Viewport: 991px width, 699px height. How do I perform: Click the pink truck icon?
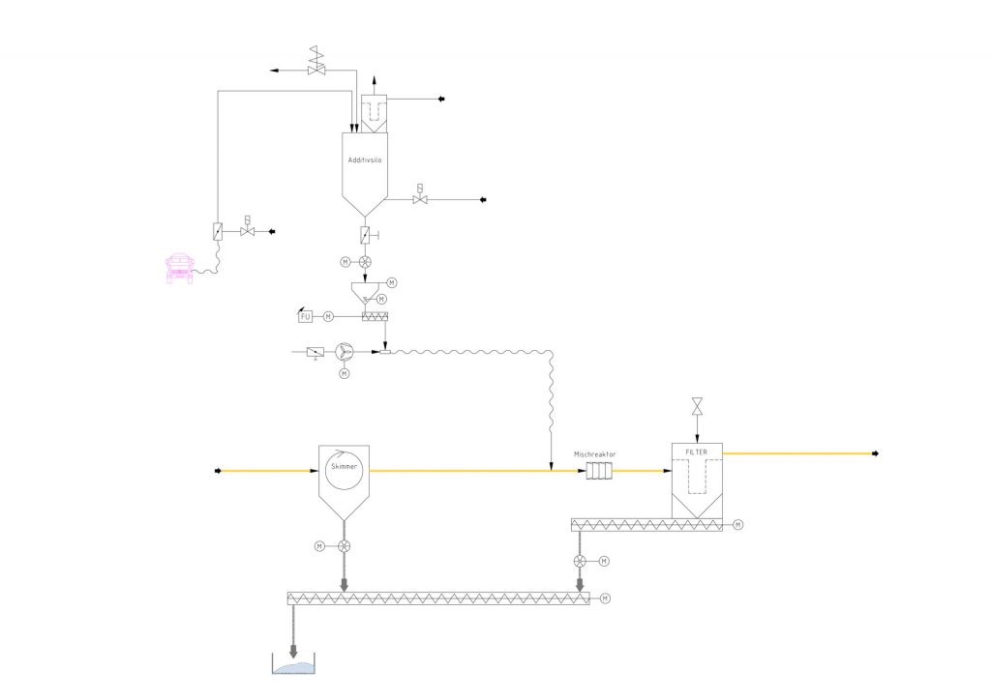coord(179,269)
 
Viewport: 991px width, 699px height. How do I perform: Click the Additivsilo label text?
coord(365,160)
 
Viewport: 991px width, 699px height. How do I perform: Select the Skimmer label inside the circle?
coord(344,466)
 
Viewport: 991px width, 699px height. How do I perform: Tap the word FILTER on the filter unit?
coord(697,452)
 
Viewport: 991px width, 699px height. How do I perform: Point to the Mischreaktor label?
coord(595,454)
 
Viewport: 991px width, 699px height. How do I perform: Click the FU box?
coord(305,316)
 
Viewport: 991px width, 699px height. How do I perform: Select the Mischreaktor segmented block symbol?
coord(599,471)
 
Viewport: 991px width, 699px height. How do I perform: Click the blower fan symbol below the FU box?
coord(344,352)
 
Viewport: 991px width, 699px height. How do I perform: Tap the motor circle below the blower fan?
coord(344,374)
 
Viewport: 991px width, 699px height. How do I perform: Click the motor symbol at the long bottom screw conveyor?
coord(606,598)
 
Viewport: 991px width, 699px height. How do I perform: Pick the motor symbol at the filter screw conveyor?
coord(737,525)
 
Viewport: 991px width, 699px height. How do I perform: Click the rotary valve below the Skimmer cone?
coord(344,546)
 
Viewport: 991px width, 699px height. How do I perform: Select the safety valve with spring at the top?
coord(316,61)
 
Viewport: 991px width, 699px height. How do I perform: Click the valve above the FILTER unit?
coord(697,406)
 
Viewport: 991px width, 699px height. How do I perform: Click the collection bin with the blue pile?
coord(293,664)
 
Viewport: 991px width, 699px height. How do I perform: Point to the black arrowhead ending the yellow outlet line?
coord(875,453)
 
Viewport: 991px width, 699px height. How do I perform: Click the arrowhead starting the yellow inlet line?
coord(218,471)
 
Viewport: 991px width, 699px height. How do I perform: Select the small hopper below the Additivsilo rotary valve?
coord(365,293)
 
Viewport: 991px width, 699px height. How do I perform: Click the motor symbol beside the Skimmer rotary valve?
coord(319,546)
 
